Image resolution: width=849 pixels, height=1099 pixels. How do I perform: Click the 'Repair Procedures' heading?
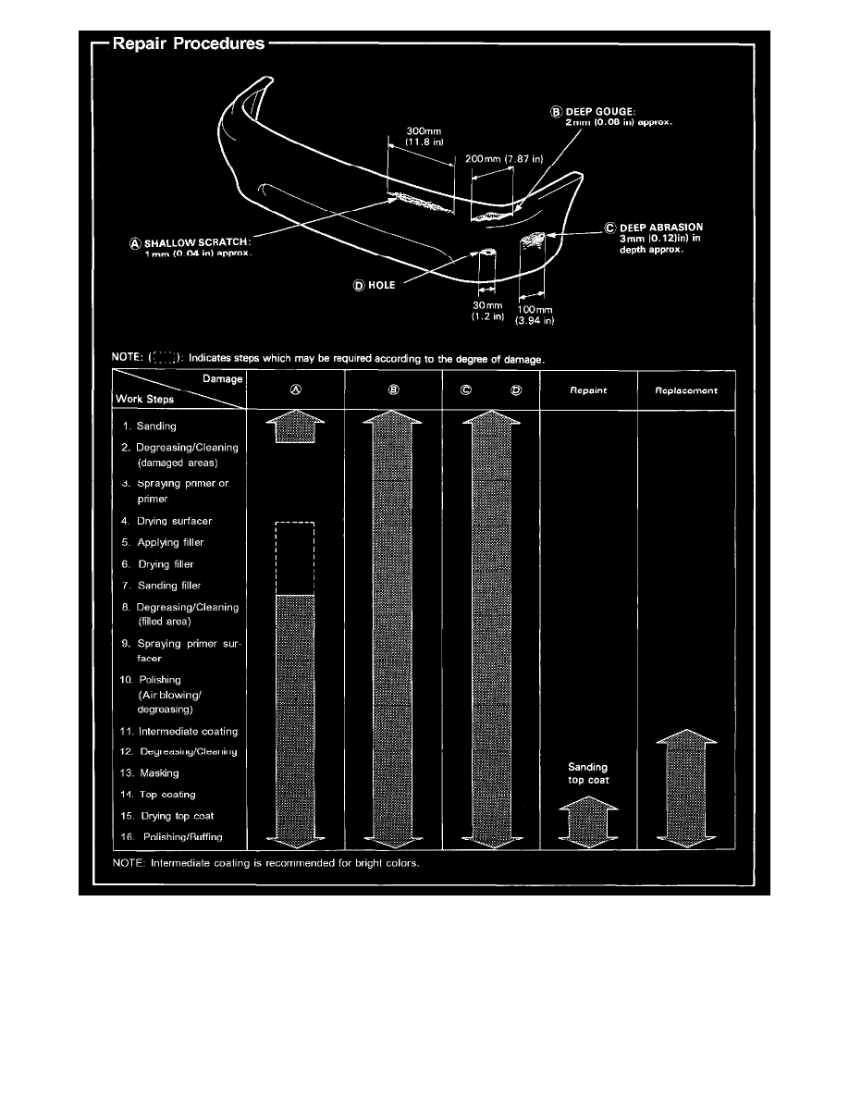(x=189, y=43)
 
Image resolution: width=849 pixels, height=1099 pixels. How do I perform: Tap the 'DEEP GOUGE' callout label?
(x=602, y=111)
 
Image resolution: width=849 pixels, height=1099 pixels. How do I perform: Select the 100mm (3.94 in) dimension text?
(x=535, y=315)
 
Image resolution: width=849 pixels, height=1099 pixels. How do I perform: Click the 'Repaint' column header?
(x=588, y=391)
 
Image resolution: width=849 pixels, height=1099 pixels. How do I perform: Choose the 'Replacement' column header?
(x=687, y=391)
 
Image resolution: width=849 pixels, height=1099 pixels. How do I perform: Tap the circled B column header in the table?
(x=393, y=390)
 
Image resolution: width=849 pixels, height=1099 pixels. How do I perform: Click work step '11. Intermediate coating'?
(x=179, y=732)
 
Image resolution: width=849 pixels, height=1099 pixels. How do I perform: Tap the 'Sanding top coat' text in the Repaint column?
(x=588, y=773)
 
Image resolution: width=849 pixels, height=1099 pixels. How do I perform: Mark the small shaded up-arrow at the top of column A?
(x=296, y=428)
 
